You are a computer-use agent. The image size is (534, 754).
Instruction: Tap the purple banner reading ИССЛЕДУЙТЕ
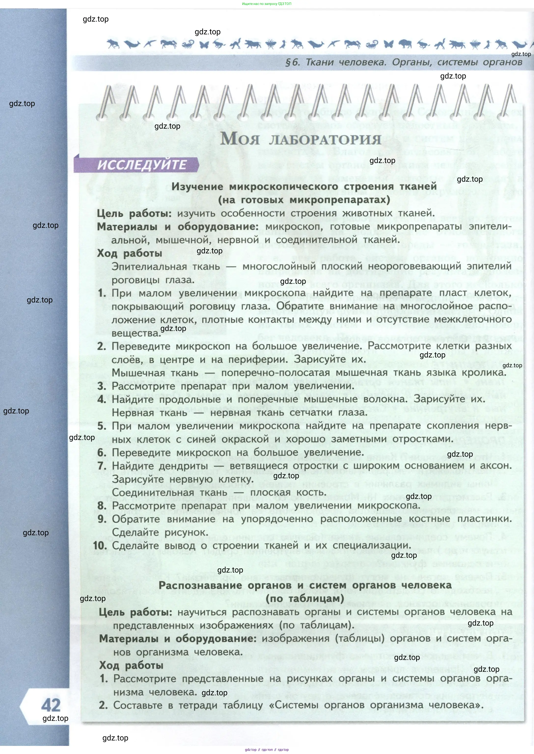(x=141, y=165)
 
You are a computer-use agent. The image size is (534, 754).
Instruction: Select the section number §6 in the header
(x=292, y=62)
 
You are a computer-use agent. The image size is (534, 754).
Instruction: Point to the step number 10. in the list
(x=100, y=546)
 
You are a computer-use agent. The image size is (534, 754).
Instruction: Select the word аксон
(x=496, y=466)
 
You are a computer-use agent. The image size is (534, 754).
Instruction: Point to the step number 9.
(x=102, y=519)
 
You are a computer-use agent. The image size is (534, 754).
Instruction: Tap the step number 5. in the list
(x=102, y=426)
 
